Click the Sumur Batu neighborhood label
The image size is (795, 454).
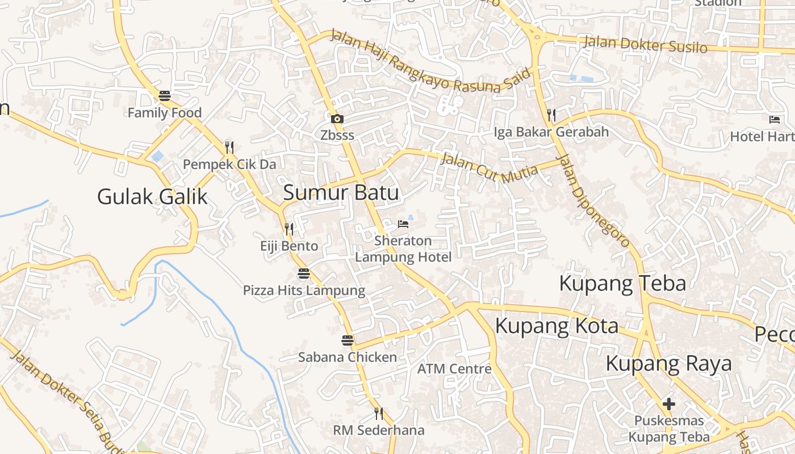pos(341,193)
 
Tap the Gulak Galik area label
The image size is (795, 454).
pos(152,197)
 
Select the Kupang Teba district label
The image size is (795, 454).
pos(622,283)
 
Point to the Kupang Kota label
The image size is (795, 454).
pos(556,326)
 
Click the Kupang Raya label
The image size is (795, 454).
pos(668,363)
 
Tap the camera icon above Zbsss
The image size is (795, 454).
pos(337,119)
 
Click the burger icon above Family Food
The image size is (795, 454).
pos(165,96)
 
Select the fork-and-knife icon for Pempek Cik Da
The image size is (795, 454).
pos(229,148)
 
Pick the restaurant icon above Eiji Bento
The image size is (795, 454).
pos(289,229)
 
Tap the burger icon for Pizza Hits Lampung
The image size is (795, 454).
pos(304,274)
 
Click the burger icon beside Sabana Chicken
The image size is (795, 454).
pos(348,340)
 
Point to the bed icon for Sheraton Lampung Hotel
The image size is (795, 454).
pos(403,224)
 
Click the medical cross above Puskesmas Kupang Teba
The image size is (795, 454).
pos(669,404)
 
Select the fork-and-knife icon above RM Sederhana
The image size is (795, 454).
pos(379,413)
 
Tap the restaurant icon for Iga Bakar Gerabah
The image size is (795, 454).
pos(551,115)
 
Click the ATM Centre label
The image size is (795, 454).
pos(454,369)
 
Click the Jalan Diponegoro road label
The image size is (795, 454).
pos(593,201)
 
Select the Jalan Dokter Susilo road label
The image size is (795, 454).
pos(645,44)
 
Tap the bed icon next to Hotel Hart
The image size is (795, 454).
pos(775,119)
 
